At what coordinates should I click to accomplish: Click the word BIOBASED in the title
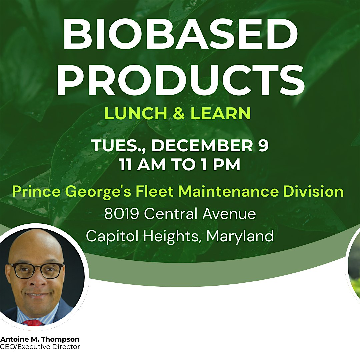(180, 34)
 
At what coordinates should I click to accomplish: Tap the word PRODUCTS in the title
(180, 80)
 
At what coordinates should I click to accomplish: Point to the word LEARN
(220, 113)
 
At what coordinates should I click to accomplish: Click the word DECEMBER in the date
(202, 145)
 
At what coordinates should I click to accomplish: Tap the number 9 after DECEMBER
(263, 145)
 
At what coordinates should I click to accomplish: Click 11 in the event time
(125, 164)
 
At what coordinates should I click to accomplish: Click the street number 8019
(122, 214)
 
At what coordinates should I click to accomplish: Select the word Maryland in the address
(240, 236)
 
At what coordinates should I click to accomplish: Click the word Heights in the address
(171, 236)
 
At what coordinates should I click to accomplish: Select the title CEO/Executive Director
(40, 347)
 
